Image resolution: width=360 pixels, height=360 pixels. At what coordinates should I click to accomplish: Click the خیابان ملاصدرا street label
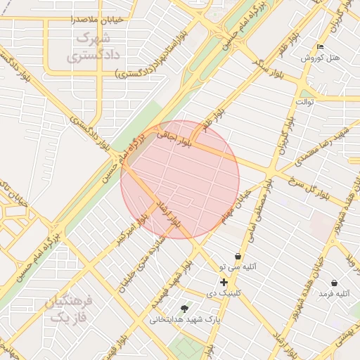click(x=96, y=20)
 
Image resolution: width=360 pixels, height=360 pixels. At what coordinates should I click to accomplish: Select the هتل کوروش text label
click(x=320, y=58)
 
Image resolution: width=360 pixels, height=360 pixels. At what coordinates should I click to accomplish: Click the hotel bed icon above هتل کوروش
click(x=321, y=46)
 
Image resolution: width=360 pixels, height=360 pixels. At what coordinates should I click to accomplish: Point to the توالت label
click(x=304, y=101)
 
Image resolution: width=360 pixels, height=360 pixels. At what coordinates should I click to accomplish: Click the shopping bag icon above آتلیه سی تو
click(x=238, y=257)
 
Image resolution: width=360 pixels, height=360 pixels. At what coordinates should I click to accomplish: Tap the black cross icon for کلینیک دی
click(x=224, y=282)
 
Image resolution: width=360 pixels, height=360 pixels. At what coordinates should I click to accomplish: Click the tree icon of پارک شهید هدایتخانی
click(x=184, y=308)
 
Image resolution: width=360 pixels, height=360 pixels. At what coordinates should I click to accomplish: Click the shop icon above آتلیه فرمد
click(x=333, y=283)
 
